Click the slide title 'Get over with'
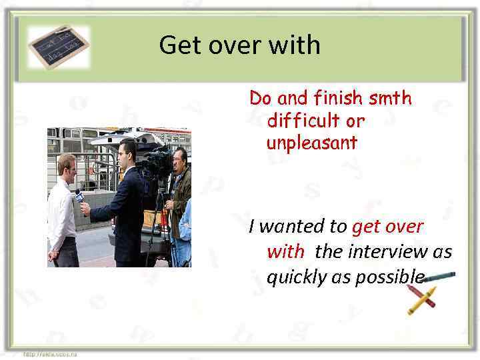point(240,45)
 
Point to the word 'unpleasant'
point(311,143)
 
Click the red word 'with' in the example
point(285,252)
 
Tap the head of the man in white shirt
point(67,165)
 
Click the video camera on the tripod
point(158,160)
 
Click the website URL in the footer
point(50,354)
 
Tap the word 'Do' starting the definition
point(261,99)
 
